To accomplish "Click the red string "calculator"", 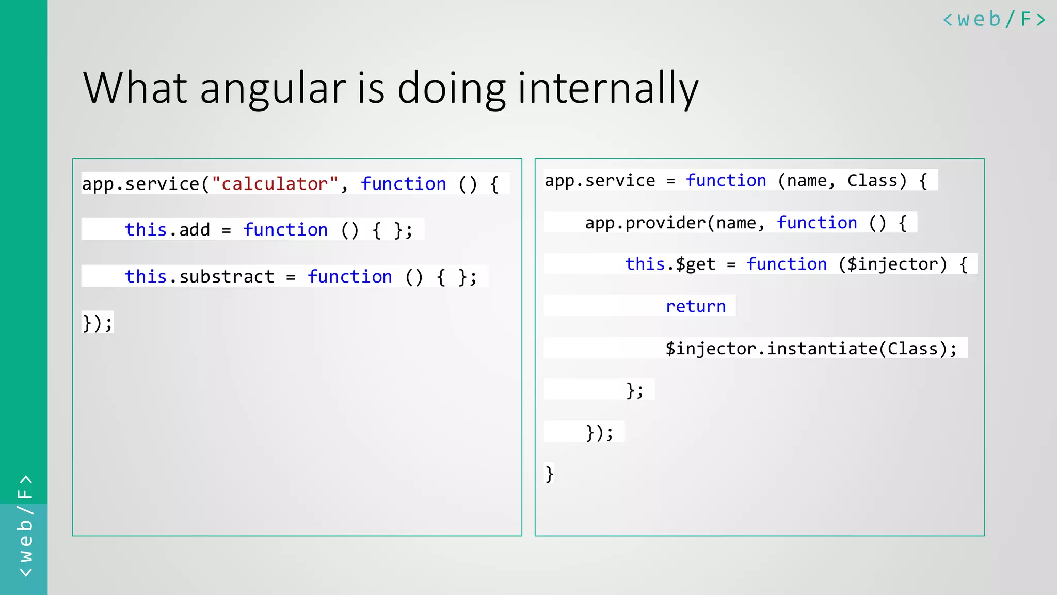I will pyautogui.click(x=275, y=184).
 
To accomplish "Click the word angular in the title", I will pyautogui.click(x=273, y=89).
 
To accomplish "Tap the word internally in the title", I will pyautogui.click(x=607, y=89).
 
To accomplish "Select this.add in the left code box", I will pyautogui.click(x=167, y=230).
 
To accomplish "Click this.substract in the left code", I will pyautogui.click(x=199, y=277).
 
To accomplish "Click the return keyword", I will pyautogui.click(x=695, y=306).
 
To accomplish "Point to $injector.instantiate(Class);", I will pyautogui.click(x=811, y=349).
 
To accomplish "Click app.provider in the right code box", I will pyautogui.click(x=645, y=223).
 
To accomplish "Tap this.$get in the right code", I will pyautogui.click(x=670, y=264).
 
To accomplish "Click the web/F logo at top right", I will pyautogui.click(x=994, y=20).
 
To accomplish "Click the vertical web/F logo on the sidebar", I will pyautogui.click(x=25, y=526).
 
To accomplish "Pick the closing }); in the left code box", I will pyautogui.click(x=97, y=323).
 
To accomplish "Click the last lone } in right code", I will pyautogui.click(x=549, y=474).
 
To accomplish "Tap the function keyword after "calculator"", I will pyautogui.click(x=403, y=184).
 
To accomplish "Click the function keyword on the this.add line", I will pyautogui.click(x=285, y=230).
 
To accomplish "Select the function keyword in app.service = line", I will pyautogui.click(x=726, y=181).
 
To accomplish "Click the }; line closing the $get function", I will pyautogui.click(x=634, y=390).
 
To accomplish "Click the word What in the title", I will pyautogui.click(x=135, y=89).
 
